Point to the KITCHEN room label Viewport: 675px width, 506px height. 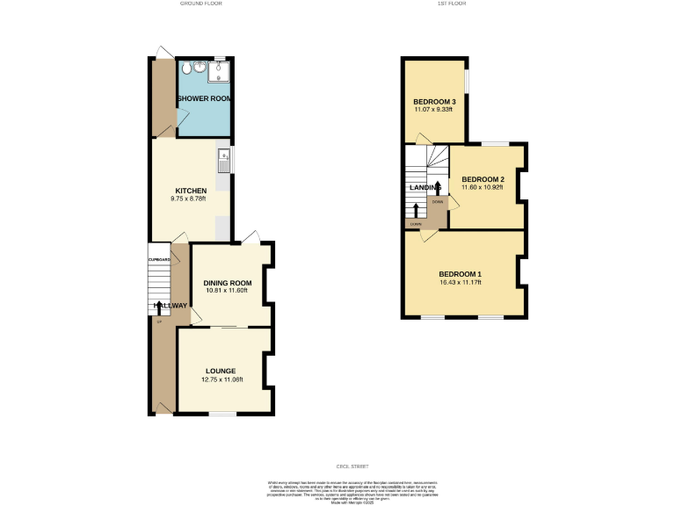tap(191, 191)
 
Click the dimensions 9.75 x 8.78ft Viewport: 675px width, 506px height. tap(191, 199)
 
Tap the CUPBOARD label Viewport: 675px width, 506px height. tap(159, 260)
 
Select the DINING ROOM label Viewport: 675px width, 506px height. tap(228, 283)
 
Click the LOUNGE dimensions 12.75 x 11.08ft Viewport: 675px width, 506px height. tap(221, 379)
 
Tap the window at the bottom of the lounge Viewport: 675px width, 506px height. tap(221, 413)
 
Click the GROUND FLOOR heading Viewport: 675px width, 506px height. tap(201, 4)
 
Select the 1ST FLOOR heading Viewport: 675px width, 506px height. tap(451, 4)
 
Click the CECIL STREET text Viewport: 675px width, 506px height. tap(337, 466)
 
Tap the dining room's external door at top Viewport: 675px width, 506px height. tap(250, 236)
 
